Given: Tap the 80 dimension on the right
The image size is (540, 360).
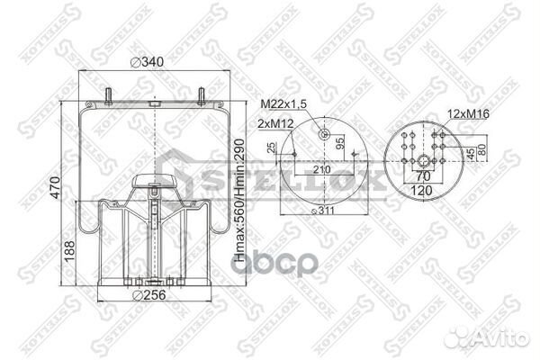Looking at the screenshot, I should [482, 151].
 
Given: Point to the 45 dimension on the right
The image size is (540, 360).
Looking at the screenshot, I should [470, 153].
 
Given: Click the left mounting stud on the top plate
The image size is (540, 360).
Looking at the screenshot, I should [110, 95].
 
